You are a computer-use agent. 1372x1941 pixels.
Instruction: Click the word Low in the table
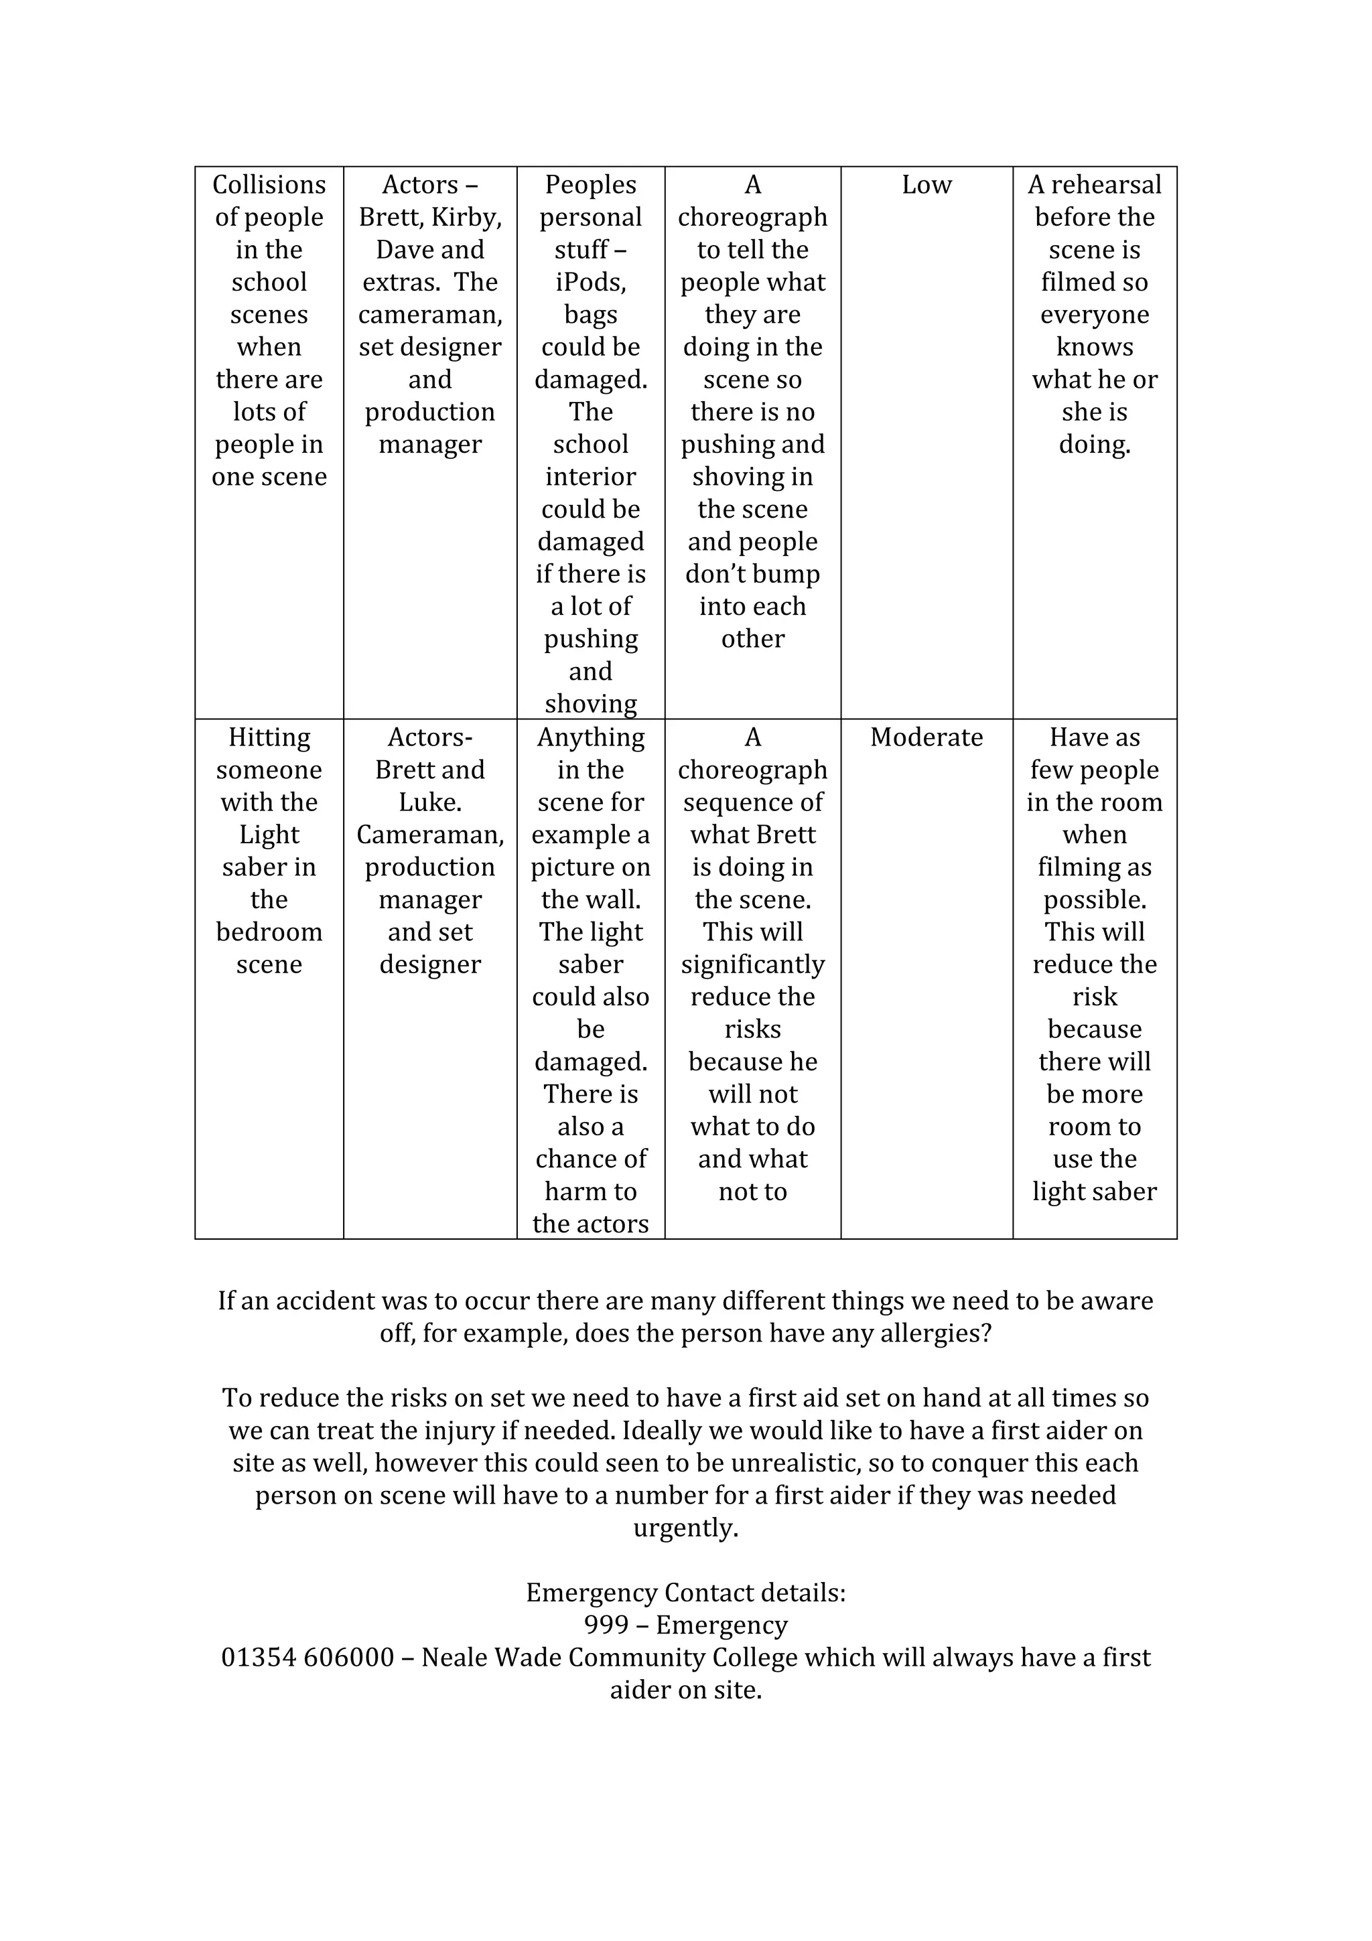pyautogui.click(x=927, y=184)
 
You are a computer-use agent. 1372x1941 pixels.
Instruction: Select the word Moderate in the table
pyautogui.click(x=927, y=737)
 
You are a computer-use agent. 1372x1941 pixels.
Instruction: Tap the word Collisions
pyautogui.click(x=269, y=184)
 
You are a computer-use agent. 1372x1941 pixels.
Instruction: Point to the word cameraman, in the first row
pyautogui.click(x=430, y=315)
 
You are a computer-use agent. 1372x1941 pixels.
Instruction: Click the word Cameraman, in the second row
pyautogui.click(x=430, y=835)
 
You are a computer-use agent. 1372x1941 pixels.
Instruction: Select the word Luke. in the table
pyautogui.click(x=430, y=802)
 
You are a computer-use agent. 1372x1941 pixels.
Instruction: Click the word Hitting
pyautogui.click(x=269, y=737)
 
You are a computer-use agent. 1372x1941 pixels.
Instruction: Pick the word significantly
pyautogui.click(x=752, y=964)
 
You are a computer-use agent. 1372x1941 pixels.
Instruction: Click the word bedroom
pyautogui.click(x=269, y=932)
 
